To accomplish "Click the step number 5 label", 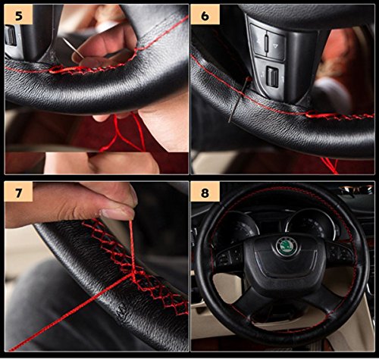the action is point(18,15).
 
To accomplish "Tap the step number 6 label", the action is point(205,16).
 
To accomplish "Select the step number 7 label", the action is point(18,193).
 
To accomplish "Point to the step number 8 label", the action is point(205,193).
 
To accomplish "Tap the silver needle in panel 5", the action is point(73,49).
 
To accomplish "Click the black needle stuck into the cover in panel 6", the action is point(239,99).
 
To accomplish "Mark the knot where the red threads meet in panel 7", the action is point(133,272).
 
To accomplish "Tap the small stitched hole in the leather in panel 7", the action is point(121,308).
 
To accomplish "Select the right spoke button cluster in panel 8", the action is point(339,252).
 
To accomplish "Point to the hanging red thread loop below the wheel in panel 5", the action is point(121,136).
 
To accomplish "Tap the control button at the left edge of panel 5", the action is point(11,36).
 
